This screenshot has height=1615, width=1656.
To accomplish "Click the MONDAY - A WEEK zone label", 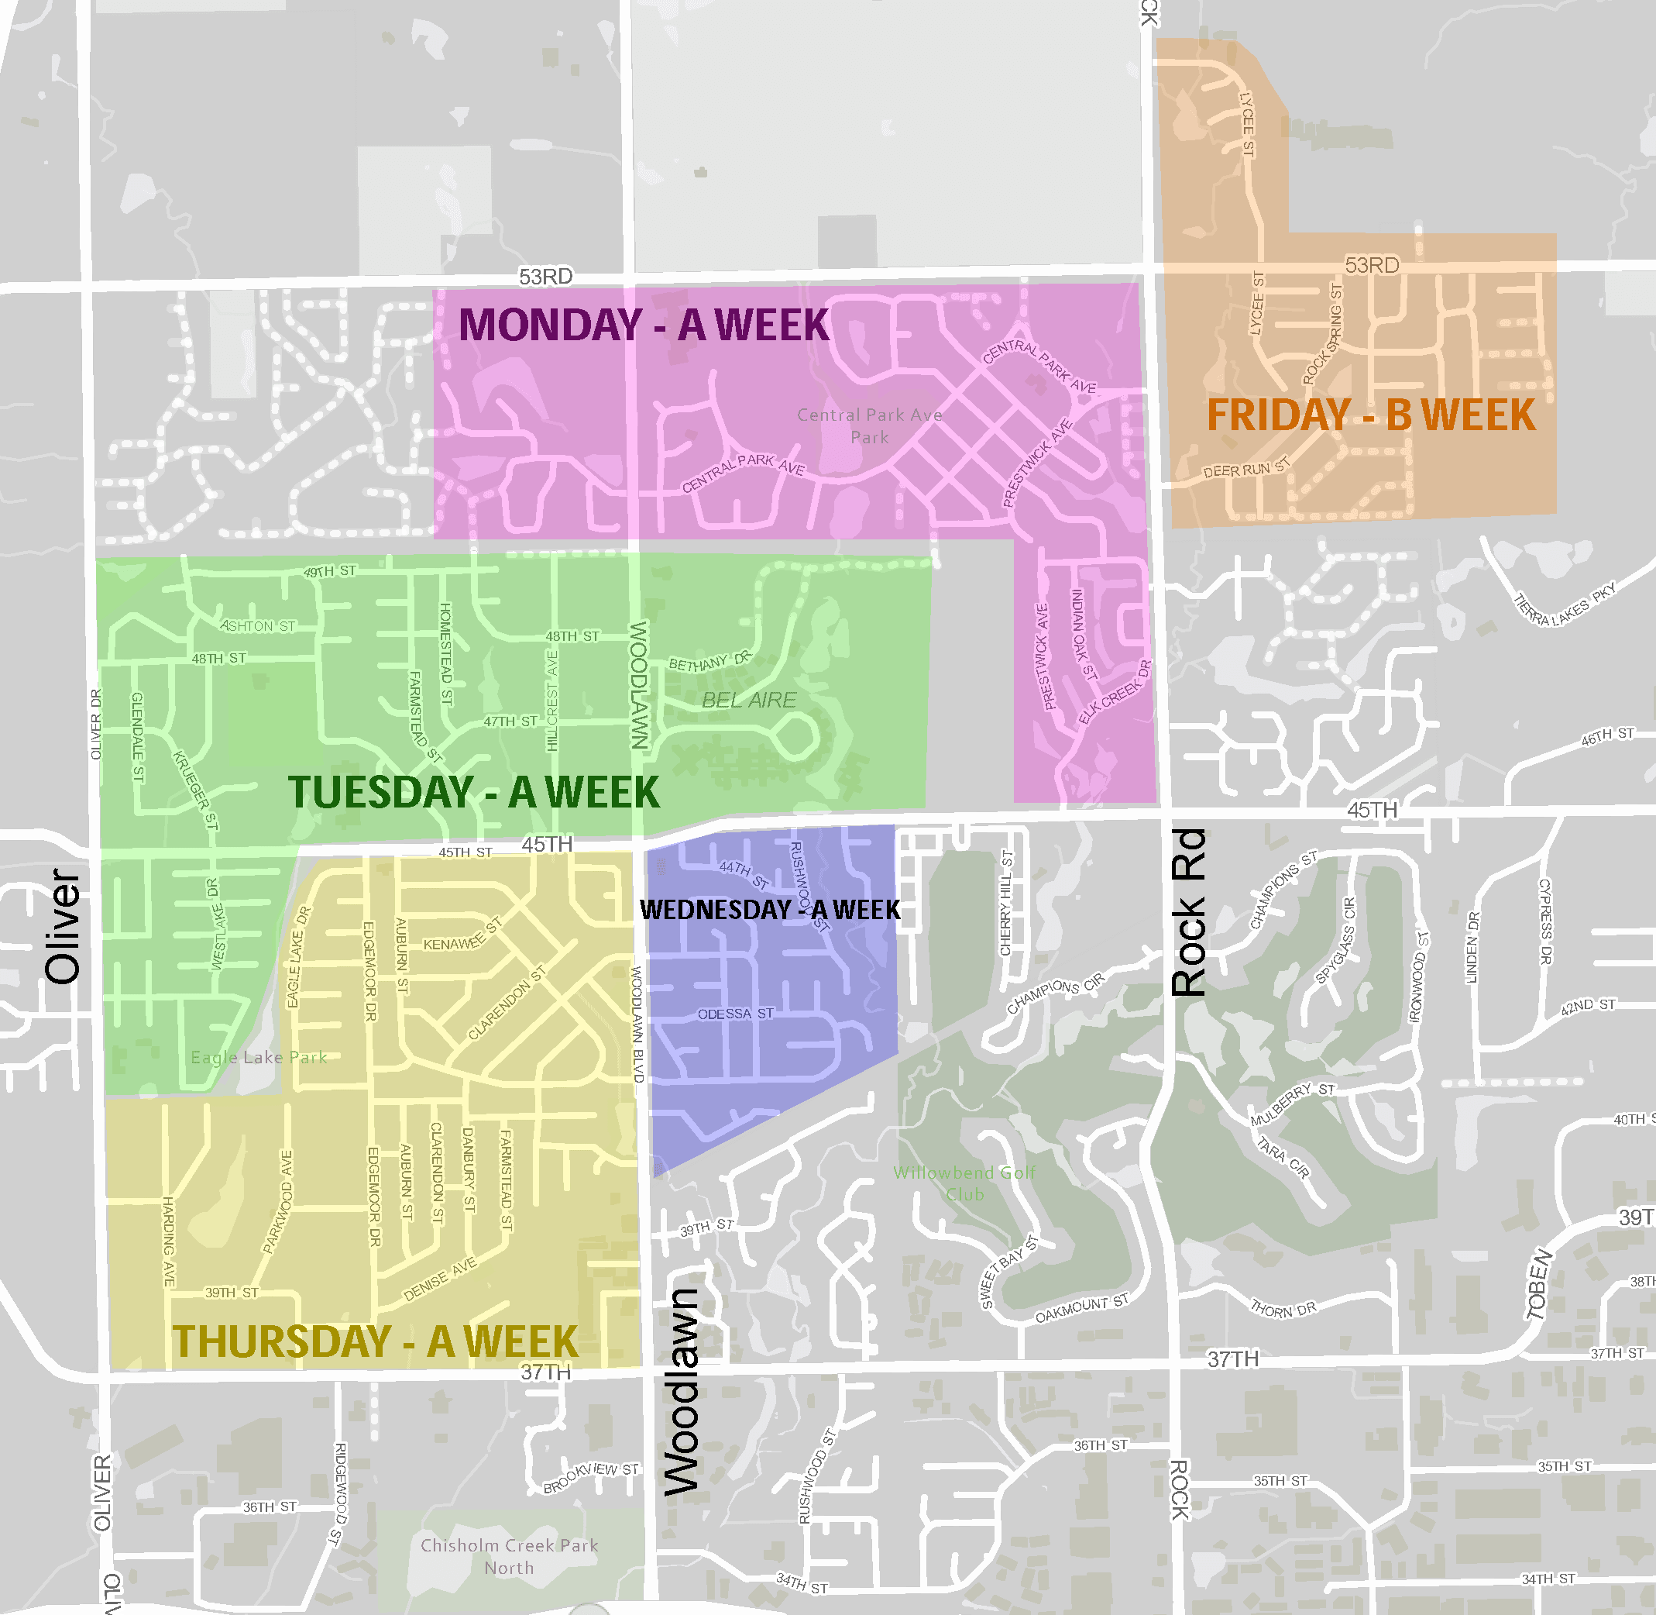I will pyautogui.click(x=644, y=325).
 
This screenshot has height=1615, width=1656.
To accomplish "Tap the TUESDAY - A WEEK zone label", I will pyautogui.click(x=473, y=792).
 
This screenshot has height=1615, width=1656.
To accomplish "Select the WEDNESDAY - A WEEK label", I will pyautogui.click(x=769, y=909).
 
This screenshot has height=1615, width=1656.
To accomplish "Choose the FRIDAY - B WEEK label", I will pyautogui.click(x=1370, y=415).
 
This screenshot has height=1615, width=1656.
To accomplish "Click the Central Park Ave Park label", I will pyautogui.click(x=869, y=425).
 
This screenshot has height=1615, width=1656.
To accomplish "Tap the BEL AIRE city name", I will pyautogui.click(x=749, y=700).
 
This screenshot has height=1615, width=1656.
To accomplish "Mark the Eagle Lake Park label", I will pyautogui.click(x=259, y=1057).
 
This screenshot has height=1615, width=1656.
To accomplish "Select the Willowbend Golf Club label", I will pyautogui.click(x=964, y=1183).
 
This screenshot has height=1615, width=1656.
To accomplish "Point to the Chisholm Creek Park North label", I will pyautogui.click(x=509, y=1556).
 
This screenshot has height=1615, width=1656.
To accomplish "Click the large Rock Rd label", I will pyautogui.click(x=1188, y=912).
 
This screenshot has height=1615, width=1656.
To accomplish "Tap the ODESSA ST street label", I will pyautogui.click(x=735, y=1014).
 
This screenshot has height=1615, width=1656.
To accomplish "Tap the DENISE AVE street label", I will pyautogui.click(x=439, y=1280).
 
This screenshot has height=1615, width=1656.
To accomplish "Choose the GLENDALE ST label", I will pyautogui.click(x=137, y=736).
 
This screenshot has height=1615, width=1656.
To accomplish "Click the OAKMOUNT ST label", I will pyautogui.click(x=1081, y=1309).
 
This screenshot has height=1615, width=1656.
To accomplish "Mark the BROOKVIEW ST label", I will pyautogui.click(x=591, y=1478).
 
